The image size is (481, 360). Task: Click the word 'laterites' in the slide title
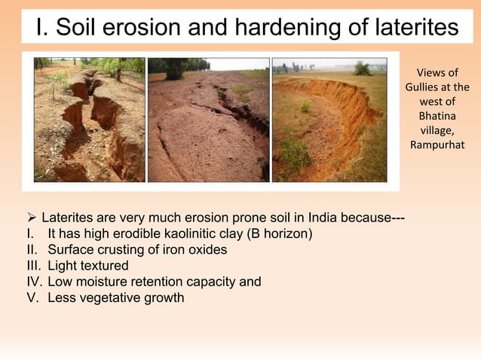[x=413, y=28]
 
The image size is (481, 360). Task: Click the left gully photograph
[x=88, y=120]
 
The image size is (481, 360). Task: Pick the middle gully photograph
[x=208, y=120]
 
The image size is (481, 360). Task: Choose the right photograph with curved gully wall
[x=329, y=120]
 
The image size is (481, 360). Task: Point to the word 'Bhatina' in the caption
[x=437, y=116]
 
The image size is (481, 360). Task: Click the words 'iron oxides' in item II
[x=195, y=250]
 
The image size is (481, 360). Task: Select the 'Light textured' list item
[x=87, y=266]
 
